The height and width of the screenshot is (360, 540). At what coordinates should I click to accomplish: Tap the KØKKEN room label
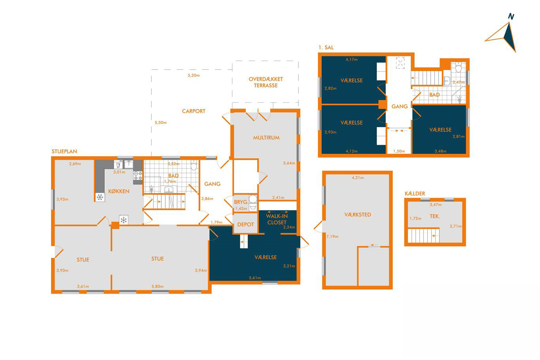coord(119,191)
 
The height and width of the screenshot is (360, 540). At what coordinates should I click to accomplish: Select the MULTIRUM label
coord(266,138)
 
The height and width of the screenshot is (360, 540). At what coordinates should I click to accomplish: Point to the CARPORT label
coord(194,111)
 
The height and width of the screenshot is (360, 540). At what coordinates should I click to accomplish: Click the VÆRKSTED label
coord(357,215)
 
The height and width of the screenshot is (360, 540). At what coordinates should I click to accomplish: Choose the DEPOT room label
coord(245,224)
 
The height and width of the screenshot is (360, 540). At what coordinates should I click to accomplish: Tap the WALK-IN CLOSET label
coord(277,219)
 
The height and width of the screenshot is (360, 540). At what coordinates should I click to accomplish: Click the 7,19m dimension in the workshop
coord(332,237)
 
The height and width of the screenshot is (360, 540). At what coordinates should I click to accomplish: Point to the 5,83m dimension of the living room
coord(157,286)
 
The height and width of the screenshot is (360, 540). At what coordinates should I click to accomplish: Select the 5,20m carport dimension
coord(194,75)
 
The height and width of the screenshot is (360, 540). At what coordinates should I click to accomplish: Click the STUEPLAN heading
coord(64,151)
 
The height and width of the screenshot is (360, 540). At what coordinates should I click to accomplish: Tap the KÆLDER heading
coord(415,194)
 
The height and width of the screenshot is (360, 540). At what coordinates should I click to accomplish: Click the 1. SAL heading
coord(326,47)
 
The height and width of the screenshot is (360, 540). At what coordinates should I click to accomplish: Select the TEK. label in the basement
coord(435,217)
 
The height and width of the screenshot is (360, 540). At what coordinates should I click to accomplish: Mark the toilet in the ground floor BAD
coord(194,165)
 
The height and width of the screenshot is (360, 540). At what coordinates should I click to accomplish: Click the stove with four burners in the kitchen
coord(138,176)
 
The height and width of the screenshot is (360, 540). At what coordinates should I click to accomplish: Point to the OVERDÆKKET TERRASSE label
coord(266,82)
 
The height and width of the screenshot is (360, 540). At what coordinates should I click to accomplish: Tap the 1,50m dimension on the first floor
coord(399,151)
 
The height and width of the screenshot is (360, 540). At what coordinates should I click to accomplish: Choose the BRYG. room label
coord(241,202)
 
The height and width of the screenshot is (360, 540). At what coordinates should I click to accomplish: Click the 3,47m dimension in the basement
coord(436,205)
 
